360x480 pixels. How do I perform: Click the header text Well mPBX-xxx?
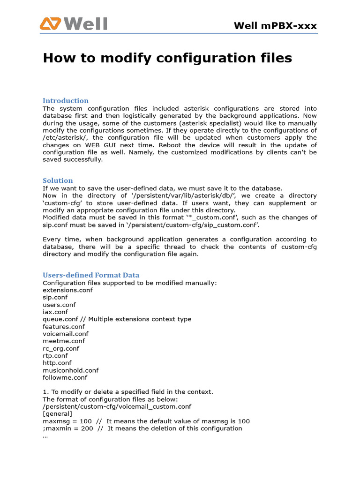(x=275, y=25)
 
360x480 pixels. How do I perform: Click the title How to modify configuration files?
(x=167, y=58)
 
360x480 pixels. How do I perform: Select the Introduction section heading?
(x=66, y=101)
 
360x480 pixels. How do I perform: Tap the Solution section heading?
(x=58, y=180)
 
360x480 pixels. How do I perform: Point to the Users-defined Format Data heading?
(x=91, y=275)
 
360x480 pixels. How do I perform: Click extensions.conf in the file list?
(x=67, y=290)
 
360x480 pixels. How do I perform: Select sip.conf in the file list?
(x=55, y=297)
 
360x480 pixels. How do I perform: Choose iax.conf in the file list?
(x=55, y=312)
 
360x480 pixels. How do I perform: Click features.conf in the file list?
(x=64, y=326)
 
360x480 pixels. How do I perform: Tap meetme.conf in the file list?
(x=63, y=341)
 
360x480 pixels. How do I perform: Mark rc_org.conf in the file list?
(x=61, y=348)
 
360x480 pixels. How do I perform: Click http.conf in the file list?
(x=57, y=363)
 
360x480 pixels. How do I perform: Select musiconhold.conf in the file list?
(x=70, y=370)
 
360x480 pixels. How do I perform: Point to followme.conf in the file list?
(x=65, y=377)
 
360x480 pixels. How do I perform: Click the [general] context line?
(x=57, y=413)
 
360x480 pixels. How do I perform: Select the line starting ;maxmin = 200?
(x=142, y=428)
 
